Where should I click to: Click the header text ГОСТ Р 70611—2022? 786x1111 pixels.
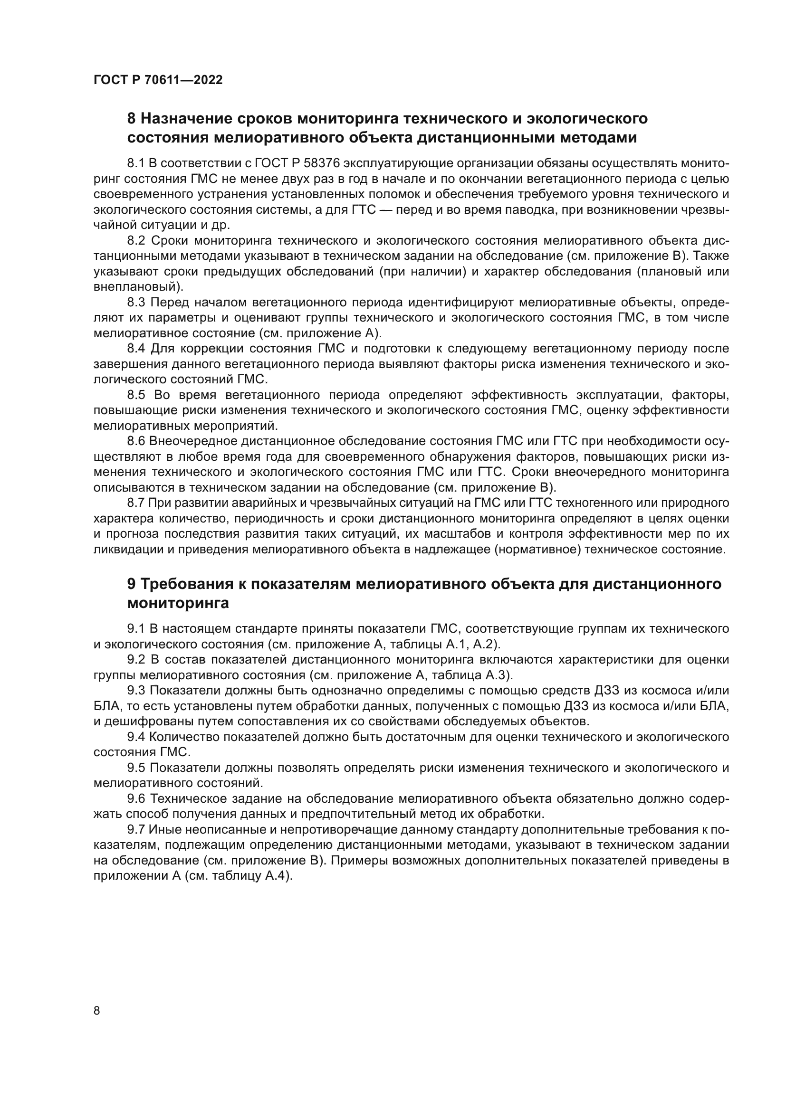158,80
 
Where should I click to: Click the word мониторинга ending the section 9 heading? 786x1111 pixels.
178,603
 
